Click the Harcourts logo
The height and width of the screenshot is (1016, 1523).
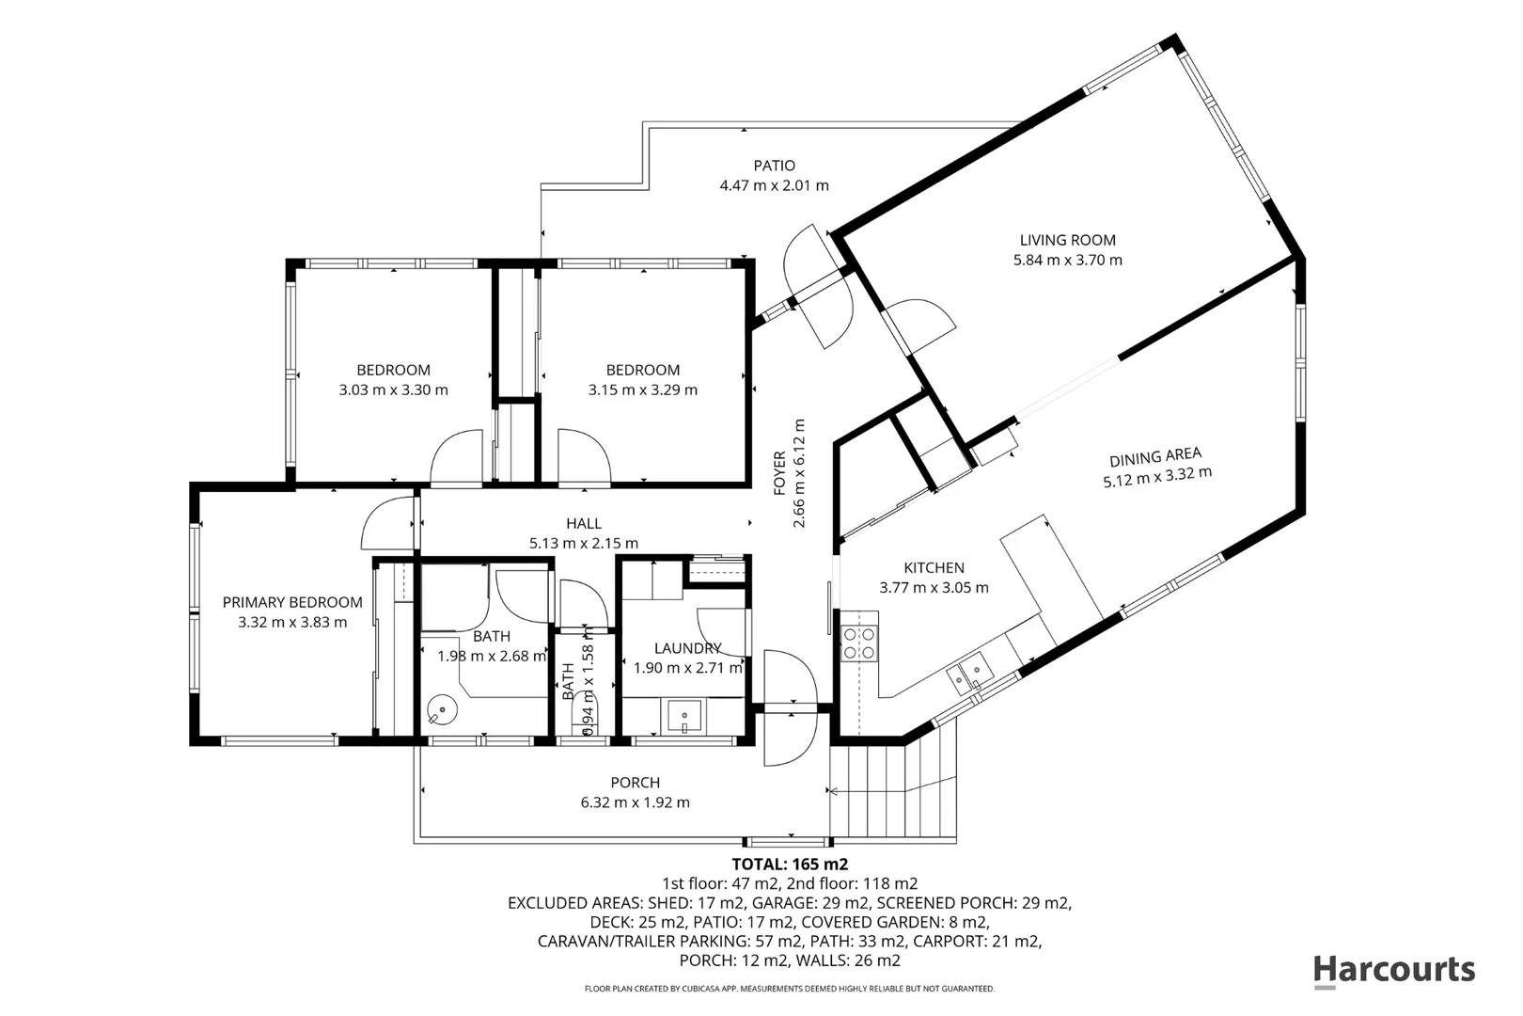[x=1394, y=971]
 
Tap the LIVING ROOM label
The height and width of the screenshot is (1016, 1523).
[x=1067, y=240]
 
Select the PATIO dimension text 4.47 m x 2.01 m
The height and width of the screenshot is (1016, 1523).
[x=775, y=185]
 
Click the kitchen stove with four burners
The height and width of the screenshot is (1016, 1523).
[x=859, y=643]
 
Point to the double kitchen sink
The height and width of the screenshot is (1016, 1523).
[x=969, y=673]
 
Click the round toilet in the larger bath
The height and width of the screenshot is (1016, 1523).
[x=442, y=709]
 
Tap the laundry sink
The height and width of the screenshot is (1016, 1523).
[x=684, y=717]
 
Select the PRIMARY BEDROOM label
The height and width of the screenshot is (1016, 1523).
[x=292, y=602]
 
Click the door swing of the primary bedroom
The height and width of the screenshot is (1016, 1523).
[x=388, y=523]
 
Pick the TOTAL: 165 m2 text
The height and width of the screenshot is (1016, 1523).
[x=790, y=865]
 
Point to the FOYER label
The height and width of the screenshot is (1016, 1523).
[x=780, y=473]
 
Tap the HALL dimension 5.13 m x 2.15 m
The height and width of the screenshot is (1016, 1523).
[x=584, y=543]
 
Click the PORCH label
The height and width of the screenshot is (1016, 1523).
[x=635, y=783]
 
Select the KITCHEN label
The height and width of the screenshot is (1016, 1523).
[x=934, y=567]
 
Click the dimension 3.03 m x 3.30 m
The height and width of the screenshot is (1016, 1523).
[x=394, y=389]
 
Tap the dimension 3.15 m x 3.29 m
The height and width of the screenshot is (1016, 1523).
[x=643, y=389]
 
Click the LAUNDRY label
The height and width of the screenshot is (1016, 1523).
[x=687, y=648]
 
